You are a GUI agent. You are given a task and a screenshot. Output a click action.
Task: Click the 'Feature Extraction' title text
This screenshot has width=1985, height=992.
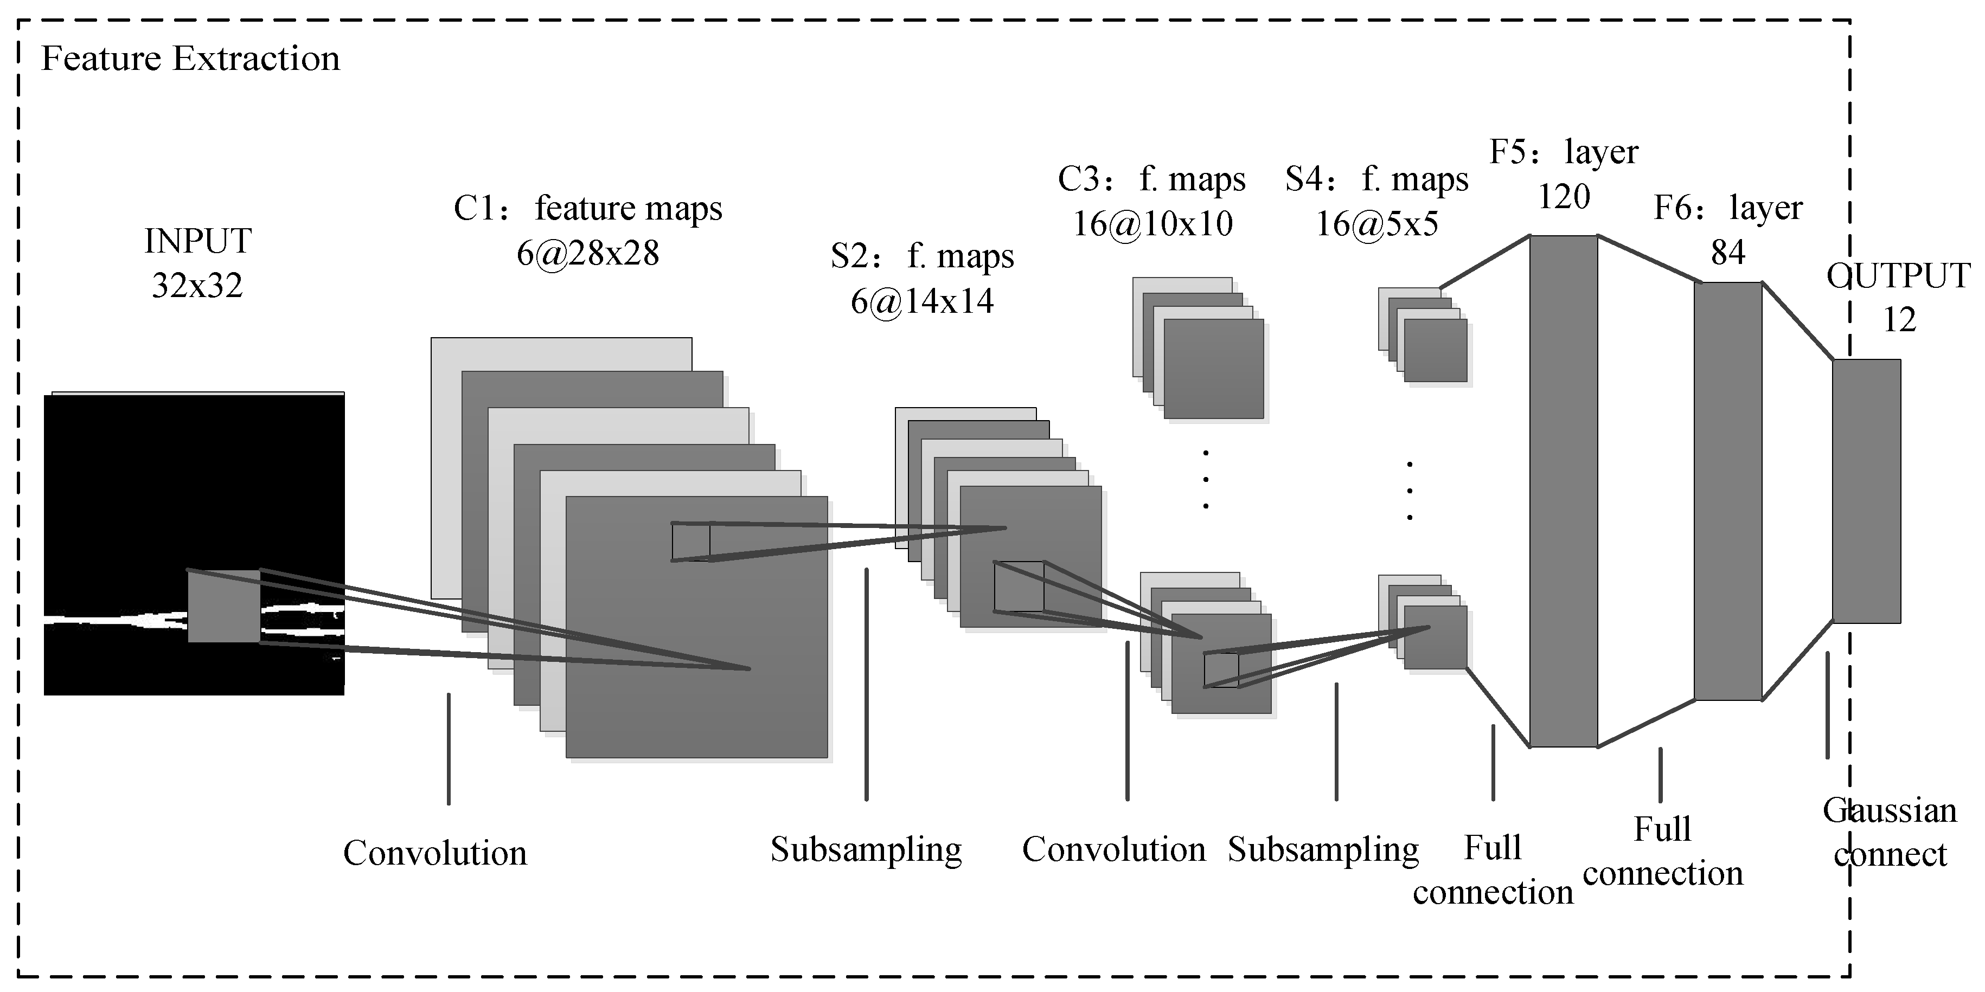pos(190,59)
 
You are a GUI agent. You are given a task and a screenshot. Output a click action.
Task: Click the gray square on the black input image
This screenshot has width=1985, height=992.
pos(223,606)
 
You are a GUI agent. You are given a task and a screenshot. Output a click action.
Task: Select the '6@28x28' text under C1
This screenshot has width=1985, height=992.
pos(587,253)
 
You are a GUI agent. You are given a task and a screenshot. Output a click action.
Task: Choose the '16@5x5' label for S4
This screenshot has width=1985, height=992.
pos(1376,224)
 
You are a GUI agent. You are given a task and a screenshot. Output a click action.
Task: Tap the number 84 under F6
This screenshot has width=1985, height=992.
pos(1727,252)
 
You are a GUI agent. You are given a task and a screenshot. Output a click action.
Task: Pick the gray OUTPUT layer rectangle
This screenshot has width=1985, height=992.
pos(1866,491)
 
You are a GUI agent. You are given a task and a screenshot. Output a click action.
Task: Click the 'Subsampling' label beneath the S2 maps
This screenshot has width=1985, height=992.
pos(866,849)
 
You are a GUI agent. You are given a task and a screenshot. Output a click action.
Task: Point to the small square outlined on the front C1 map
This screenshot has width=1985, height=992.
pos(690,542)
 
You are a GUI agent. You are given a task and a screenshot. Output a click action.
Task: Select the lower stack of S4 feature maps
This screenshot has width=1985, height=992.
pos(1424,624)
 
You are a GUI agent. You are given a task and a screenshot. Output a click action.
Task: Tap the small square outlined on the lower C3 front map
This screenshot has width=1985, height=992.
pos(1221,670)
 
